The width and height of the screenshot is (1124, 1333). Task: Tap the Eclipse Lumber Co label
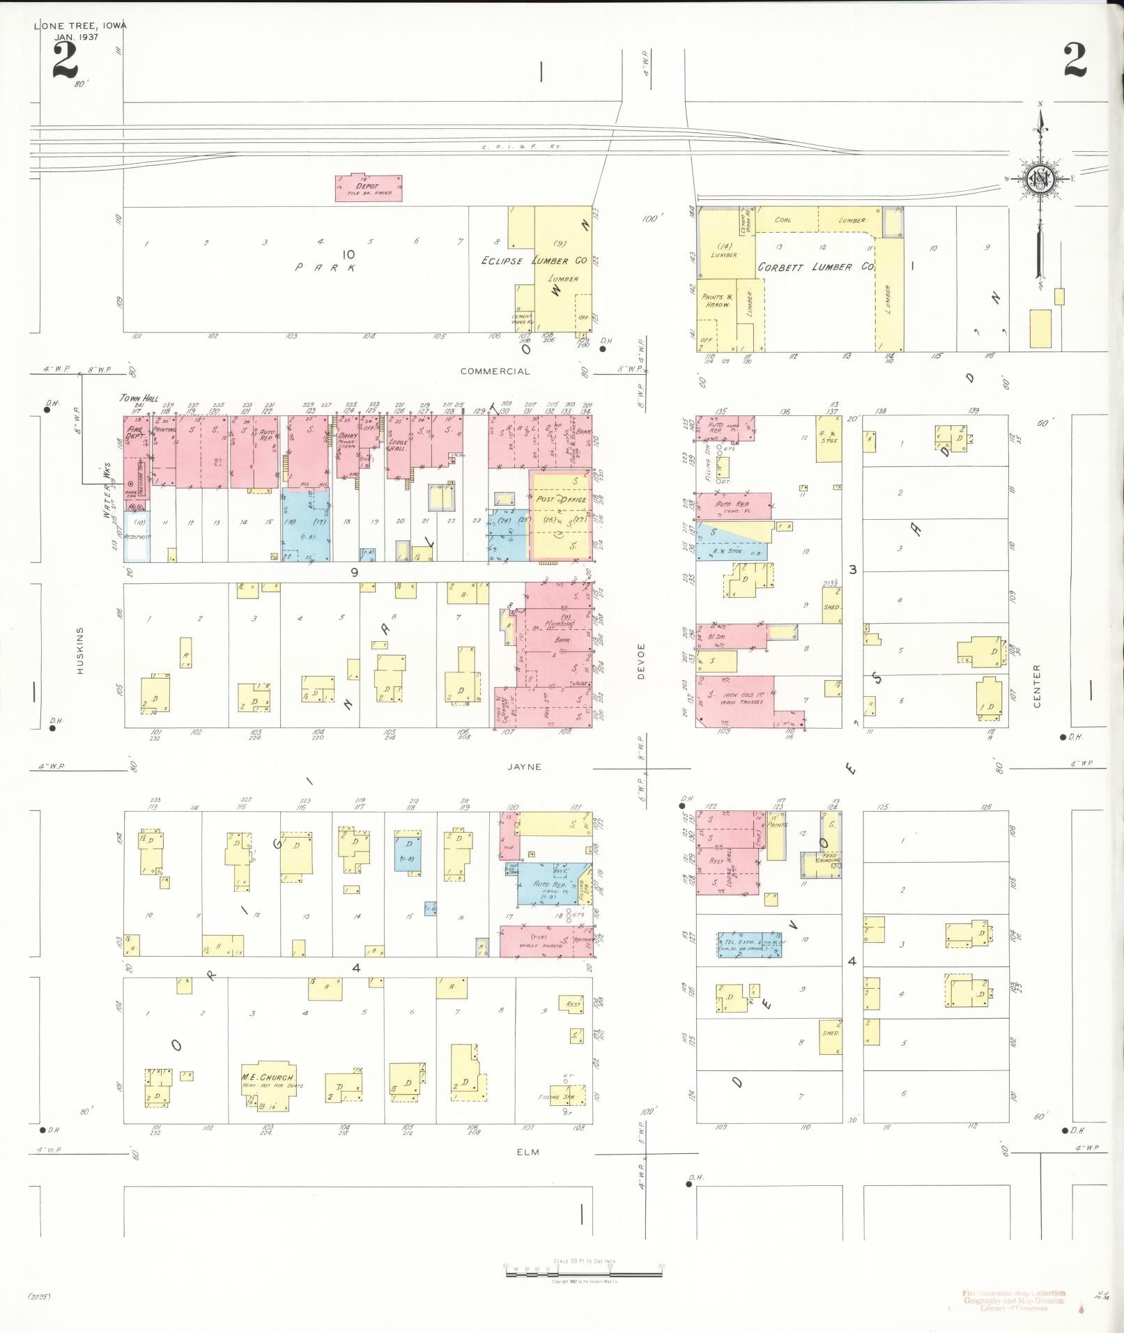[x=534, y=261]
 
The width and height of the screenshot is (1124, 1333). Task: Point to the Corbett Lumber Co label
[x=815, y=267]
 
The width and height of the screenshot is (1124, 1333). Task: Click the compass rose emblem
[x=1041, y=179]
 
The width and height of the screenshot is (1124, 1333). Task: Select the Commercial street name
[x=495, y=371]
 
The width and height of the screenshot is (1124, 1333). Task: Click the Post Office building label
[x=561, y=500]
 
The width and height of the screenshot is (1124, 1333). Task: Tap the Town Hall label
[x=139, y=399]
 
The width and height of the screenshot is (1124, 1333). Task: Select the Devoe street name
[x=641, y=661]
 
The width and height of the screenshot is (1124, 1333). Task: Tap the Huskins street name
[x=80, y=651]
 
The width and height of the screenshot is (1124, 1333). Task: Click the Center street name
[x=1036, y=686]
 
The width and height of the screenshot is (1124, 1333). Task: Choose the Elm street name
[x=528, y=1152]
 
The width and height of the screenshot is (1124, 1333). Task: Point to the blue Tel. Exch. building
[x=749, y=944]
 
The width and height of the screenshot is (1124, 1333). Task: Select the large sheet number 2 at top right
[x=1074, y=60]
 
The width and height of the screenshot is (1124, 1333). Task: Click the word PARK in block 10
[x=325, y=267]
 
